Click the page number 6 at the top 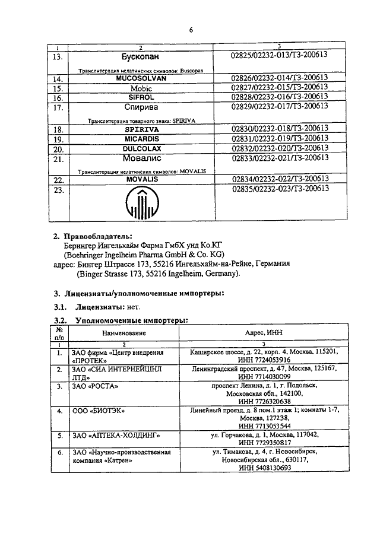(x=191, y=28)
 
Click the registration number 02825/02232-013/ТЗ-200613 (x=279, y=55)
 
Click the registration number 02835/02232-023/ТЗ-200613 (x=279, y=189)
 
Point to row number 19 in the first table (x=58, y=139)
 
